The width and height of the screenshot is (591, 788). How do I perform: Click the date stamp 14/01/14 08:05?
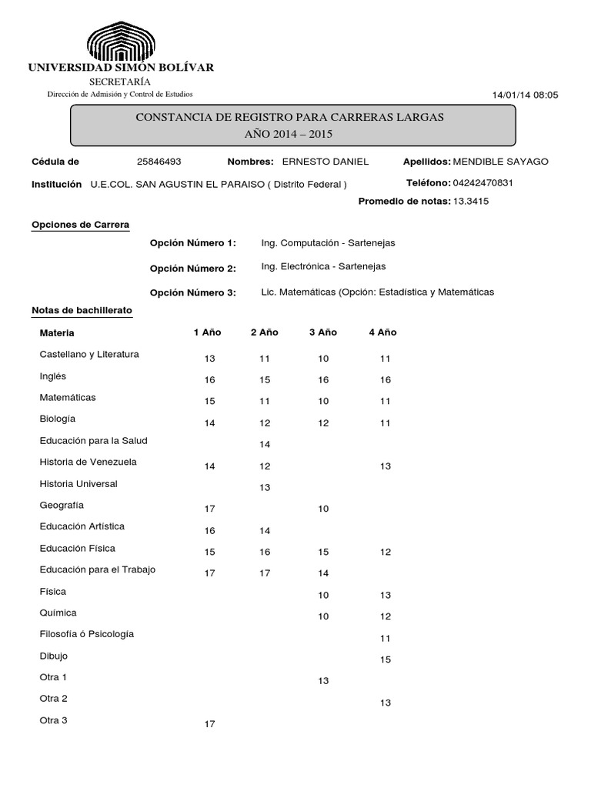525,95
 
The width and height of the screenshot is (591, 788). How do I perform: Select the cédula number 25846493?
159,162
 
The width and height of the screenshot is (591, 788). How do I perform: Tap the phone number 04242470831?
483,183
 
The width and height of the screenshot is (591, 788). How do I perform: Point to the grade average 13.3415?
471,202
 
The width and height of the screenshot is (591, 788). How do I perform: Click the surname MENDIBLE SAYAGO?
501,162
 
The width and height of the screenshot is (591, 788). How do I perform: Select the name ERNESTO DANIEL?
326,162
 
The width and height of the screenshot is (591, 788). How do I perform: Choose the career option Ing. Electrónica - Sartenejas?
323,266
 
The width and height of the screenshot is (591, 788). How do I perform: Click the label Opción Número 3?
193,292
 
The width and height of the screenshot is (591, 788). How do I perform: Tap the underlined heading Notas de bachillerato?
82,310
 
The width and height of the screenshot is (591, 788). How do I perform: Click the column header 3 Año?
323,332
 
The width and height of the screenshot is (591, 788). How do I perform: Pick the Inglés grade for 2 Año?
265,380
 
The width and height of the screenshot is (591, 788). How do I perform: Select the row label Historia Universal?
78,484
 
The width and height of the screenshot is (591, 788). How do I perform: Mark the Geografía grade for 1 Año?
210,509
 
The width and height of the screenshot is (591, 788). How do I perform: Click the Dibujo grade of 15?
386,659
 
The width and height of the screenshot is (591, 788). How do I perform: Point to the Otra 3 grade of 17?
210,724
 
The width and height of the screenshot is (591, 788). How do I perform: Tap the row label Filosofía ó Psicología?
87,634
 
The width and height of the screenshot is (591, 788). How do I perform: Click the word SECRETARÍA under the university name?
120,82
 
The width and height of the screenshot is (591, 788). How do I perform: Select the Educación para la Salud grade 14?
265,445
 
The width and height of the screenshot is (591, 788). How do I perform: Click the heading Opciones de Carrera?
81,225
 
